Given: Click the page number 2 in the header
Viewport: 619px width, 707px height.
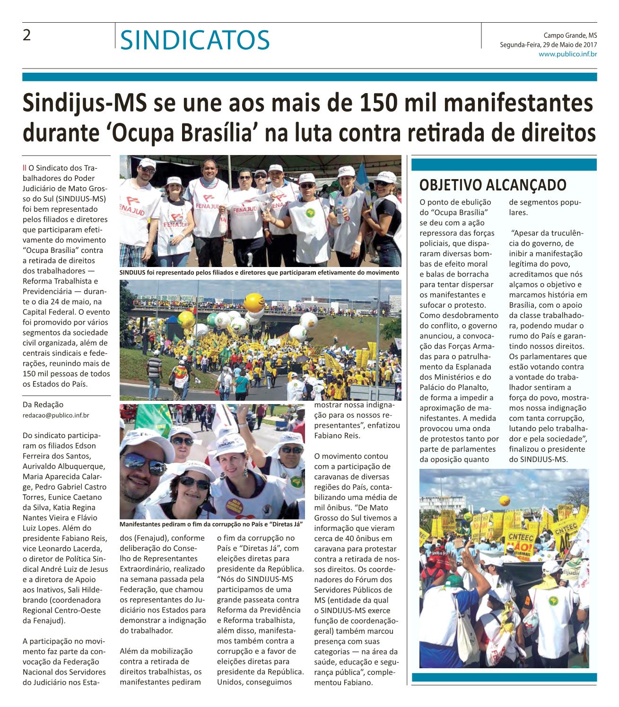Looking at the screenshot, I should (x=27, y=36).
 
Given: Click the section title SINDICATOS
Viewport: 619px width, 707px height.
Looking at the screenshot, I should (x=195, y=40).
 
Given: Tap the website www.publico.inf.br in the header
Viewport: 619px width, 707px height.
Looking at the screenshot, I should (x=567, y=54).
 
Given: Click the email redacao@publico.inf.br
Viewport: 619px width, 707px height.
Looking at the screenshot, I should (x=56, y=415).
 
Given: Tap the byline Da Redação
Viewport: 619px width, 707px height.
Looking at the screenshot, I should (x=43, y=405).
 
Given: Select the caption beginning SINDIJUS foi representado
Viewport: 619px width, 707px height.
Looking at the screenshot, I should (x=260, y=273).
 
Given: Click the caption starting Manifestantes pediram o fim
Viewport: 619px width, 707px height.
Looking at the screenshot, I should (x=211, y=524).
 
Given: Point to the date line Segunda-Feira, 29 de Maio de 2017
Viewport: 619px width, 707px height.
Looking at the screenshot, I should (x=548, y=45).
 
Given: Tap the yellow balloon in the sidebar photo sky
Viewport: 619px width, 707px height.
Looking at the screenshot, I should (x=505, y=500).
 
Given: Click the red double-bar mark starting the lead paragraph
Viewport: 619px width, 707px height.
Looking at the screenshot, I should (x=24, y=167).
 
